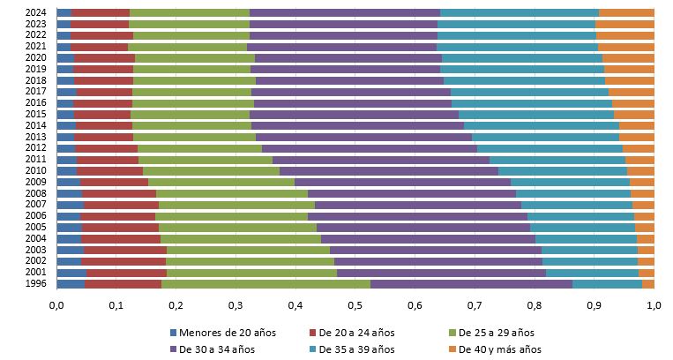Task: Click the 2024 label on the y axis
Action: coord(37,13)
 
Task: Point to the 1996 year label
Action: coord(37,284)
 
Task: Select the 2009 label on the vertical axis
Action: coord(37,183)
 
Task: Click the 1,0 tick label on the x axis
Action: coord(654,306)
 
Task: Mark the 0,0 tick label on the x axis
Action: coord(56,306)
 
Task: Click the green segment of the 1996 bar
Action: coord(265,284)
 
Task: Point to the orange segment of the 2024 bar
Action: coord(626,13)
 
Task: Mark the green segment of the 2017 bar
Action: coord(191,92)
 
